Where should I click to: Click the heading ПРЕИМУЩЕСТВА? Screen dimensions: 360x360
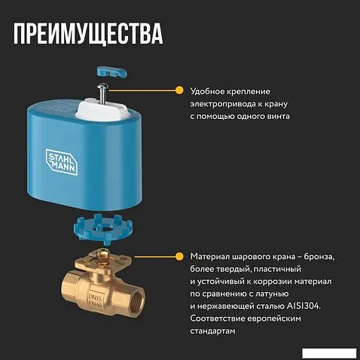coord(88,34)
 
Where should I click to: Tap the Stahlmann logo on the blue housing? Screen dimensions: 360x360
coord(62,162)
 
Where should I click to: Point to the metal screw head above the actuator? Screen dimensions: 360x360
coord(103,87)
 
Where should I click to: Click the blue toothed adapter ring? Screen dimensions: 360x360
coord(103,229)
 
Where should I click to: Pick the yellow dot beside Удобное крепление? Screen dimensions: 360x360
coord(179,90)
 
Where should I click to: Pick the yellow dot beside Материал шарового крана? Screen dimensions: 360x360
coord(179,257)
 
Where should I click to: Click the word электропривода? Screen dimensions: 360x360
coord(222,104)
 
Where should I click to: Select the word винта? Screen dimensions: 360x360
coord(278,116)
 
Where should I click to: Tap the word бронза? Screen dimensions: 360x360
coord(319,257)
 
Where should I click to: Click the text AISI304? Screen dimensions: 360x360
coord(304,306)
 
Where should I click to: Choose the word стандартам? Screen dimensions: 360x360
coord(212,331)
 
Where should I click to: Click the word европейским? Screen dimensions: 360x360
coord(274,319)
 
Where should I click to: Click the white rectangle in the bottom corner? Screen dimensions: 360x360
coord(329,353)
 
